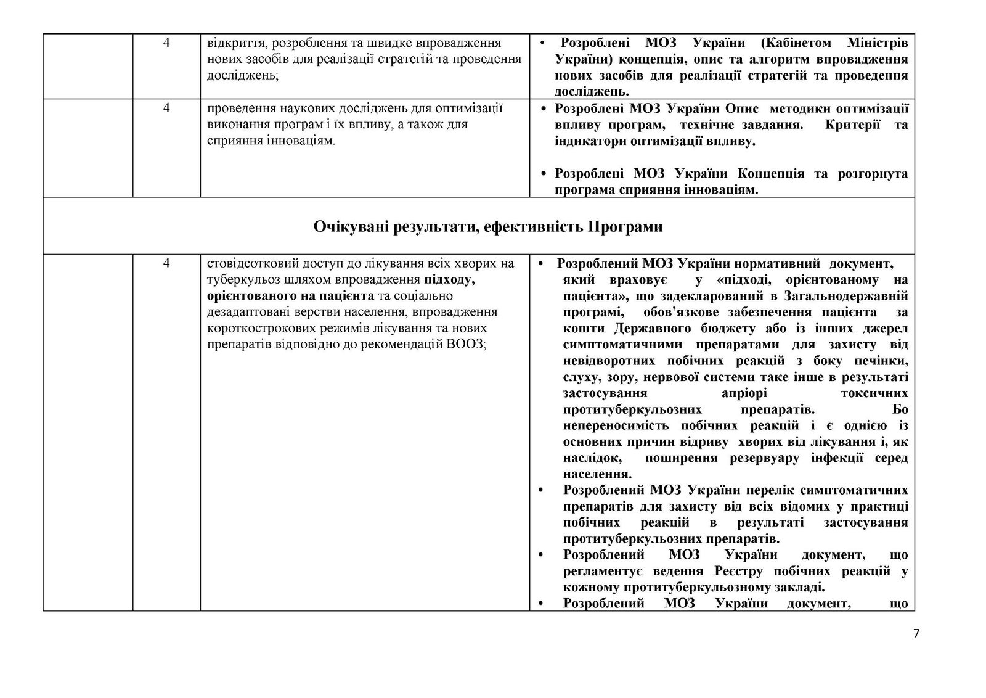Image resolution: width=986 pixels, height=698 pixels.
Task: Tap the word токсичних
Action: click(x=874, y=393)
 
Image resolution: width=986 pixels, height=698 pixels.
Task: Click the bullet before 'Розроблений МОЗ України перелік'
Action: click(x=542, y=491)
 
